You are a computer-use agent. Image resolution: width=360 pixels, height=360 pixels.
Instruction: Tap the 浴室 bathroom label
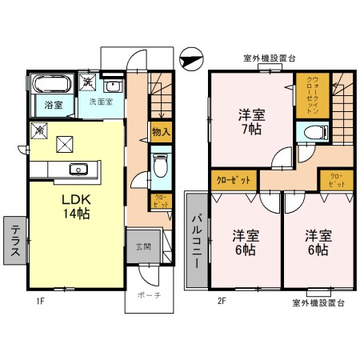pyautogui.click(x=54, y=105)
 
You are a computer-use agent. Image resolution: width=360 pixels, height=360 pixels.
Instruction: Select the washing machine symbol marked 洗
pyautogui.click(x=86, y=83)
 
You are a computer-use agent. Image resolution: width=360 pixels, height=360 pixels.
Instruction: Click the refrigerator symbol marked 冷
pyautogui.click(x=38, y=129)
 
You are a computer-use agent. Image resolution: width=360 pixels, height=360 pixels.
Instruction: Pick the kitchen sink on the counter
pyautogui.click(x=78, y=169)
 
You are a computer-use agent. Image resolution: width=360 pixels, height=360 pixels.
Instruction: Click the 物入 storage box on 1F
pyautogui.click(x=160, y=131)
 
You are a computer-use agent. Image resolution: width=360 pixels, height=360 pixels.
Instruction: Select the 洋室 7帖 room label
pyautogui.click(x=251, y=121)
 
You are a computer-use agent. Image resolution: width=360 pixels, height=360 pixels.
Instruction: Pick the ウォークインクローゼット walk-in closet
pyautogui.click(x=312, y=94)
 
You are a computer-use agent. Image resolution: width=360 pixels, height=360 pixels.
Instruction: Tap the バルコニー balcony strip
pyautogui.click(x=196, y=241)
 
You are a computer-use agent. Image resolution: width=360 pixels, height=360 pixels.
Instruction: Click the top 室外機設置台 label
pyautogui.click(x=270, y=58)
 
